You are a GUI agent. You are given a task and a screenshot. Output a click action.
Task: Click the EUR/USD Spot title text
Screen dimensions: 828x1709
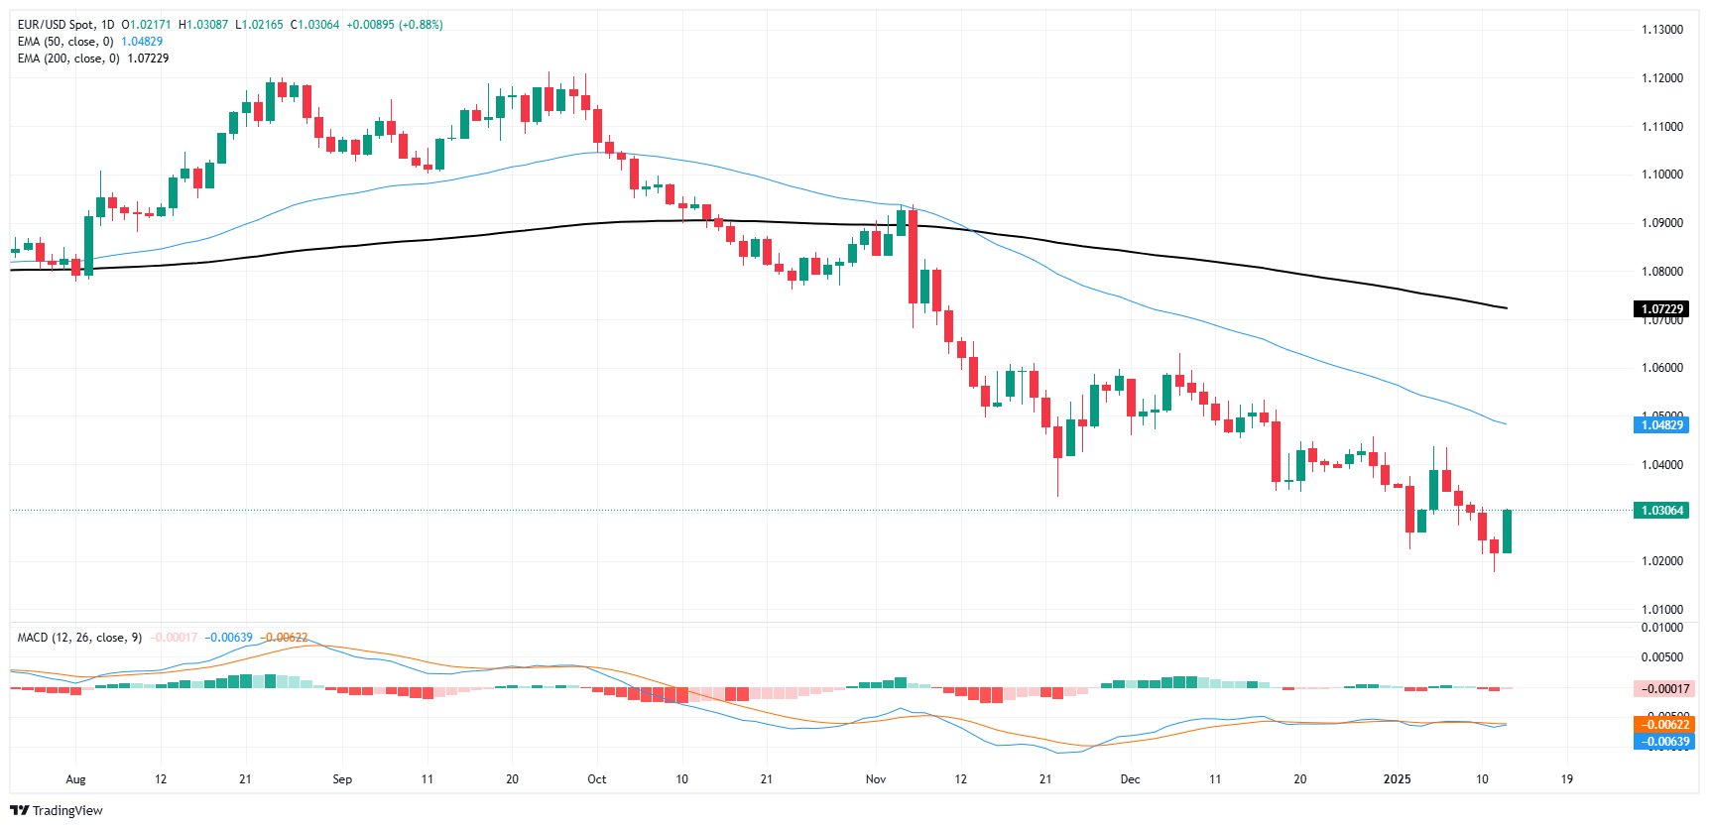65,25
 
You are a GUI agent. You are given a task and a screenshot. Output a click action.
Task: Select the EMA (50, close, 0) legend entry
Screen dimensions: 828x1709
65,42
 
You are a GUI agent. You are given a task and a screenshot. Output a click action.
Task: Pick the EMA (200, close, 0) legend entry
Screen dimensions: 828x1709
68,59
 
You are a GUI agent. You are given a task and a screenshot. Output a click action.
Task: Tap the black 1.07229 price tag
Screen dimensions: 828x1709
1661,309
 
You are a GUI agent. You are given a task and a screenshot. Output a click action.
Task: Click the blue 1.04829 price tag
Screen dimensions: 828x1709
1661,425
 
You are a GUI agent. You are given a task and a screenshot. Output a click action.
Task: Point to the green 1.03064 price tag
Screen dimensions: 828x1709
1661,511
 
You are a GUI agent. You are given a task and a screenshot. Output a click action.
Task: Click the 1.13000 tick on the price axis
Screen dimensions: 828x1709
1661,30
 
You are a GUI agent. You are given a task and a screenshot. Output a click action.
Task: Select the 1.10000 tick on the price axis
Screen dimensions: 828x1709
1661,175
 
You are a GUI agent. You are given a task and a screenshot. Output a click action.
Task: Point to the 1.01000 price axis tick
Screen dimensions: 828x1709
1661,610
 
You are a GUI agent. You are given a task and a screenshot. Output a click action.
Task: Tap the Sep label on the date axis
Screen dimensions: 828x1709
342,779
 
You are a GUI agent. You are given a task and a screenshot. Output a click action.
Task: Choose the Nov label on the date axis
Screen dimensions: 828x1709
875,779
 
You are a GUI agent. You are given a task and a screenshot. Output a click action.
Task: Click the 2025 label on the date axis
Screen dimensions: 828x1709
1397,779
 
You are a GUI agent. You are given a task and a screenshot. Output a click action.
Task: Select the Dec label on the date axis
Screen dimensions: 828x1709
1130,779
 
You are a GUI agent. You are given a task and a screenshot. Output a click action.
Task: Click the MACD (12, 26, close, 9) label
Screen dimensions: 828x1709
79,638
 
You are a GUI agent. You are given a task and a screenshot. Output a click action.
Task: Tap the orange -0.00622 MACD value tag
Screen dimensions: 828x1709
1661,725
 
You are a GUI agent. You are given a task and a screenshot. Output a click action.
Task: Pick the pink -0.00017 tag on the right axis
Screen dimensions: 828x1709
1661,689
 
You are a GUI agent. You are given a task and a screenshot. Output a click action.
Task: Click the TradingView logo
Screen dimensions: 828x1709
57,810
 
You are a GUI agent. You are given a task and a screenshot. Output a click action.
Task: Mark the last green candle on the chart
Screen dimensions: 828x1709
1507,532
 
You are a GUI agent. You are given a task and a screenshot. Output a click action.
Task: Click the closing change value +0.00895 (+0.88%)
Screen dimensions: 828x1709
394,25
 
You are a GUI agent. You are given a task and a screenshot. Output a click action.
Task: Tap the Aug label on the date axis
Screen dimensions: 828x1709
75,779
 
